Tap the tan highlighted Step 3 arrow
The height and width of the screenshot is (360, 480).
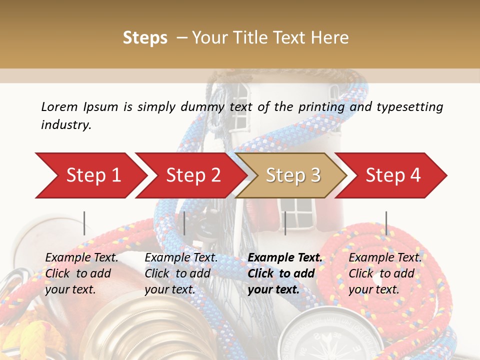(293, 175)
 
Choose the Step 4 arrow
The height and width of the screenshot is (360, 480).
(393, 175)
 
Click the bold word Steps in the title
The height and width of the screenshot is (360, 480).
(145, 37)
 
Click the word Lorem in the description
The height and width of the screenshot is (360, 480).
(59, 106)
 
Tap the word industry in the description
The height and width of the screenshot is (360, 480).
(66, 125)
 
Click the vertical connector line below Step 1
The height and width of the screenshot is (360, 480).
(84, 223)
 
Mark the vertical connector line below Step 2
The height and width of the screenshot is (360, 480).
(184, 223)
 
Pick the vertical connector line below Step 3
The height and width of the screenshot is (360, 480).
(285, 223)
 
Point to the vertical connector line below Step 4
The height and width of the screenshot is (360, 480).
(386, 223)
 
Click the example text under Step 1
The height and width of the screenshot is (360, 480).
(81, 273)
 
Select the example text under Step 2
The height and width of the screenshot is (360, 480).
(181, 273)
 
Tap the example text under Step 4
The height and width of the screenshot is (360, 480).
(385, 273)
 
